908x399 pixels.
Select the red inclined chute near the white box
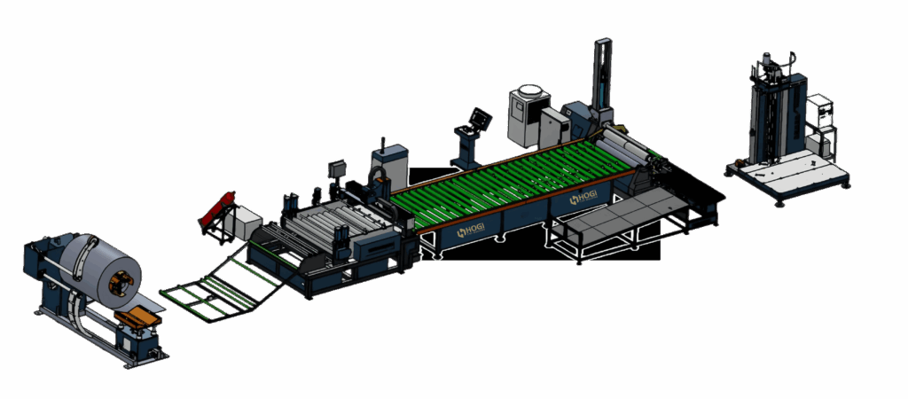click(x=218, y=207)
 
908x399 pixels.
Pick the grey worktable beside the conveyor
click(x=621, y=217)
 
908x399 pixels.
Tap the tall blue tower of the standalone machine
click(x=776, y=115)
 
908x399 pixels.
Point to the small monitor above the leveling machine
click(x=336, y=168)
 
